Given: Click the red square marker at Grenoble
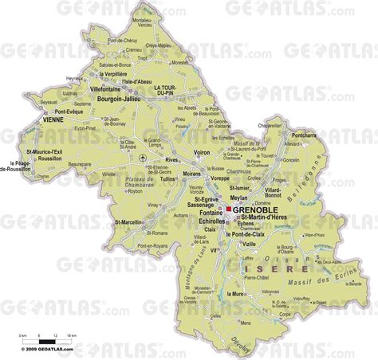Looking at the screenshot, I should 229,210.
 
